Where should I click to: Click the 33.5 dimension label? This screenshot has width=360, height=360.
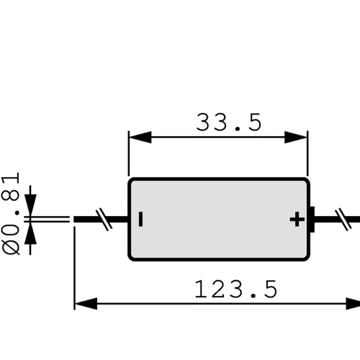(229, 122)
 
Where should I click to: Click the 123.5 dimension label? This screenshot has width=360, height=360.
(236, 289)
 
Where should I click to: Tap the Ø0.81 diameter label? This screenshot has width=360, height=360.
(11, 213)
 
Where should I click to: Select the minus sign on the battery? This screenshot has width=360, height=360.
(141, 219)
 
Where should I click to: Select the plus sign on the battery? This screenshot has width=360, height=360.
(297, 219)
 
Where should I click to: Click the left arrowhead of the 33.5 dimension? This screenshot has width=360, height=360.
(140, 138)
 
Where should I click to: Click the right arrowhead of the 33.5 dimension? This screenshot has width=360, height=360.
(296, 138)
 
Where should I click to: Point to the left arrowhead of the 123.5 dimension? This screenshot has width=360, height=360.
(86, 304)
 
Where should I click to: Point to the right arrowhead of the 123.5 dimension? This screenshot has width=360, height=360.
(353, 304)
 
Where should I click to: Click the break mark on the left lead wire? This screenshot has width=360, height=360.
(104, 220)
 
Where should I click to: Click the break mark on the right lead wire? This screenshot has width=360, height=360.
(343, 220)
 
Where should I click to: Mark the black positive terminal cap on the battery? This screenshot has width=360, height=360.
(312, 220)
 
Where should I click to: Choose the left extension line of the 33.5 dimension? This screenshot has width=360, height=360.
(129, 153)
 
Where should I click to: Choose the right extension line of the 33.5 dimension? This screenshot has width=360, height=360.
(307, 153)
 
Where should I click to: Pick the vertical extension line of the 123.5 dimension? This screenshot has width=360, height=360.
(74, 269)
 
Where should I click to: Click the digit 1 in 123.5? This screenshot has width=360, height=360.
(201, 289)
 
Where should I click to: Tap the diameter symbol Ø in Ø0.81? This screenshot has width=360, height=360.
(11, 247)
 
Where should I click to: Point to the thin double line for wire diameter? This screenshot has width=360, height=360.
(47, 220)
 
